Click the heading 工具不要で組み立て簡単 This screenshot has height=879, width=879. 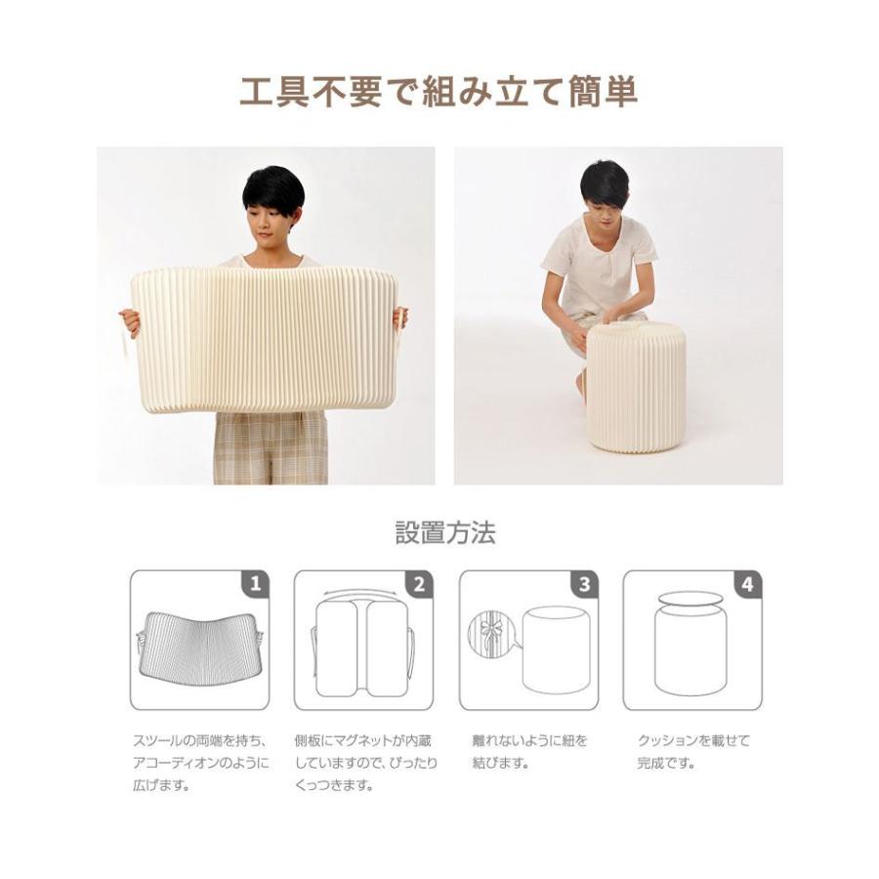pos(439,93)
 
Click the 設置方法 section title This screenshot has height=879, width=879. pos(445,533)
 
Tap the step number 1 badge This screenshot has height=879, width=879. pos(256,584)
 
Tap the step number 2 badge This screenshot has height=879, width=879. pos(420,584)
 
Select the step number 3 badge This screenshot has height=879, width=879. pos(584,584)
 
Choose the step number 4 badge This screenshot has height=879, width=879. pos(748,584)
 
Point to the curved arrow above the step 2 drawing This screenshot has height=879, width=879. pos(361,593)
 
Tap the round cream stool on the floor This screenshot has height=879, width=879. pos(635,386)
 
